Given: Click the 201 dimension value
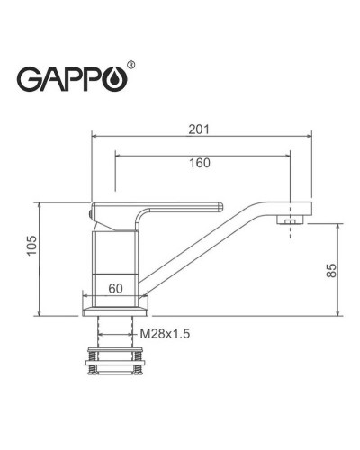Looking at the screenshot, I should (x=200, y=128).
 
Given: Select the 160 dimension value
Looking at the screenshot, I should (x=200, y=163).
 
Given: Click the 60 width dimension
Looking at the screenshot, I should (x=115, y=289).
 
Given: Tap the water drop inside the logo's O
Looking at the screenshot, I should (x=120, y=80).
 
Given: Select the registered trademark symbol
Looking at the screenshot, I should (x=133, y=66).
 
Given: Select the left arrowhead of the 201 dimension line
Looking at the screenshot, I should (x=95, y=137).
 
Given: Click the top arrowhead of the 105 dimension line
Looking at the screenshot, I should (x=40, y=204).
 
